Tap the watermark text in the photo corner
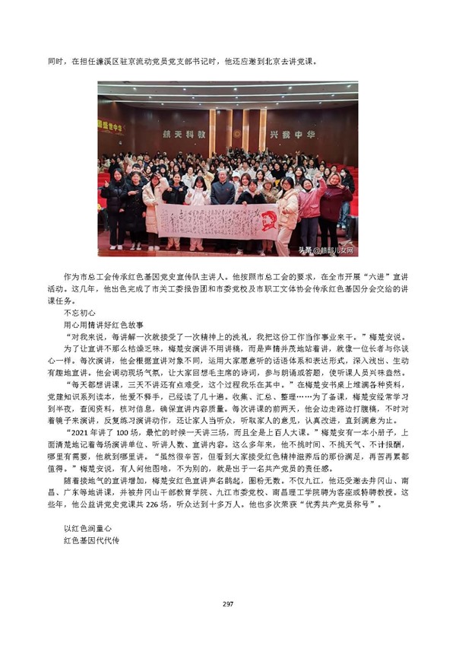coord(325,250)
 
